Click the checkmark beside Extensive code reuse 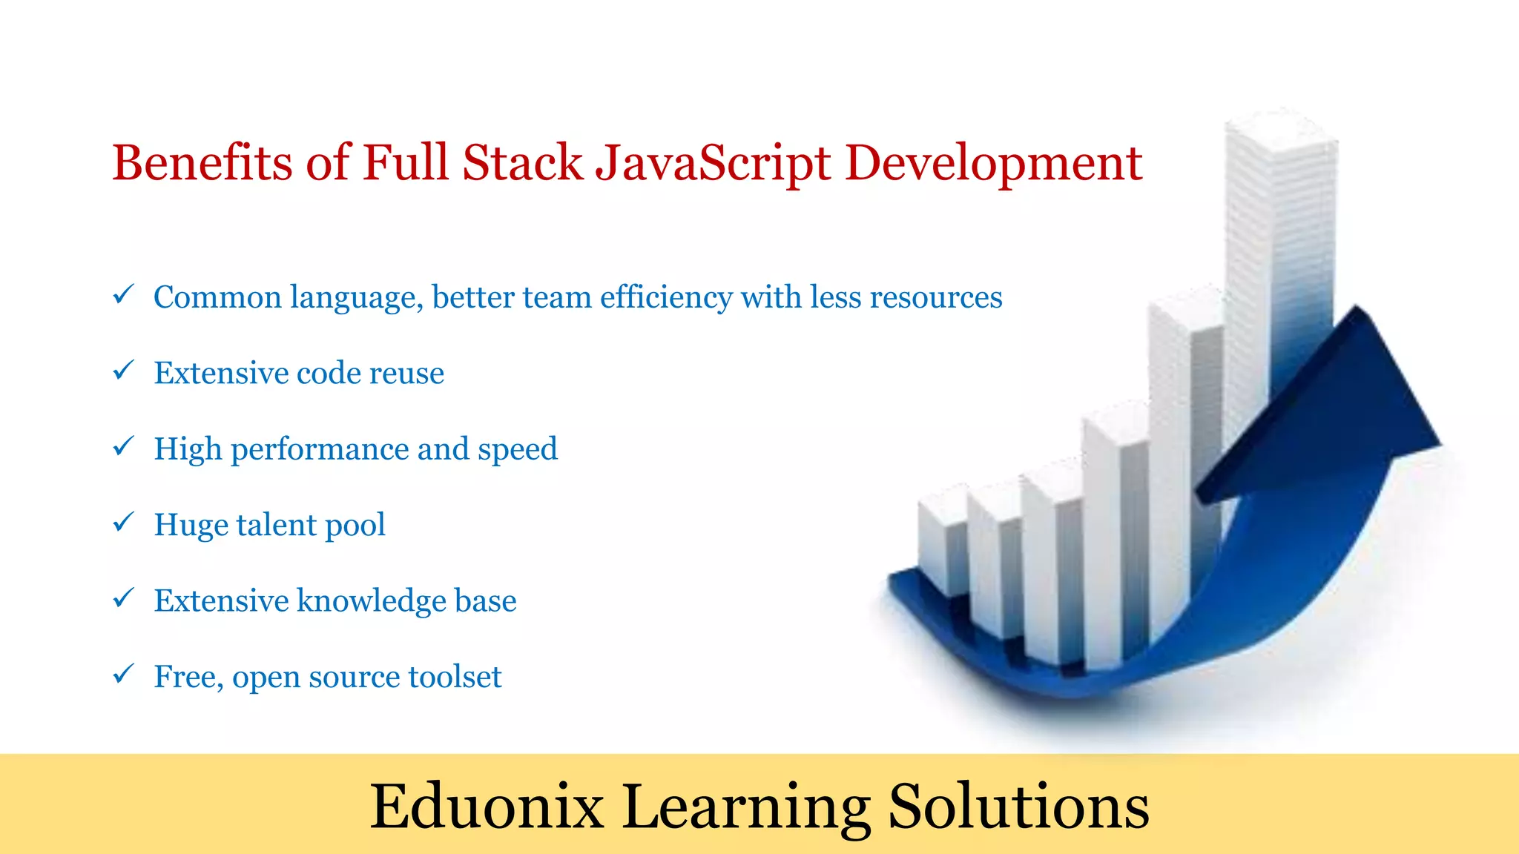[x=123, y=370]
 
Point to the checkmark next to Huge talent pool [x=123, y=522]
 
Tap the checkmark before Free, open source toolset [x=123, y=674]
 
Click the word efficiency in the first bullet [x=666, y=297]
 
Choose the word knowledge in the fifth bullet [x=371, y=600]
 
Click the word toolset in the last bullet [x=455, y=677]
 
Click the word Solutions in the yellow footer [x=1018, y=806]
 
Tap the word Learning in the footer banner [x=746, y=807]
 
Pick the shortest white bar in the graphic [x=942, y=541]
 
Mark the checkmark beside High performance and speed [x=123, y=446]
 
